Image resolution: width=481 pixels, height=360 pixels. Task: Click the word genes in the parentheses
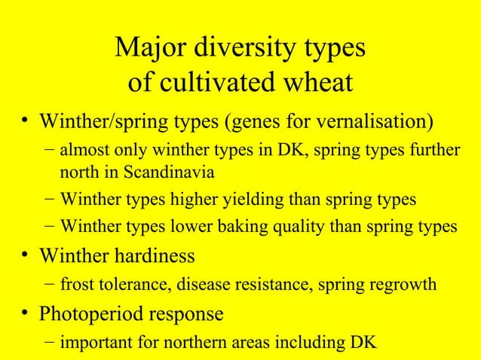pyautogui.click(x=258, y=121)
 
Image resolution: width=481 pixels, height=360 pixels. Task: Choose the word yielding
pyautogui.click(x=244, y=200)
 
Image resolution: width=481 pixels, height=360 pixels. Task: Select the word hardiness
pyautogui.click(x=152, y=255)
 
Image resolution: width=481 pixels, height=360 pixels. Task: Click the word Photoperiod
pyautogui.click(x=89, y=313)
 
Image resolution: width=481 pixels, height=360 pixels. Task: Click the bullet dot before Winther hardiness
pyautogui.click(x=26, y=256)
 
